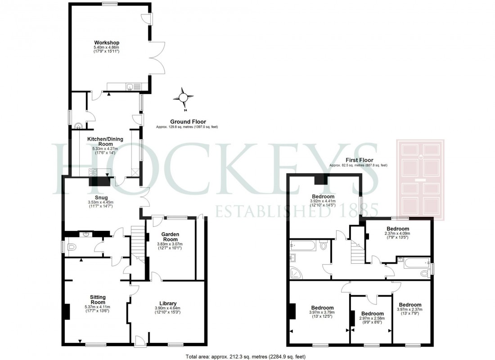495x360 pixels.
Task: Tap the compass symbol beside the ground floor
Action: click(x=184, y=97)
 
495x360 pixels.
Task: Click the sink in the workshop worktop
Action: click(x=130, y=86)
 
